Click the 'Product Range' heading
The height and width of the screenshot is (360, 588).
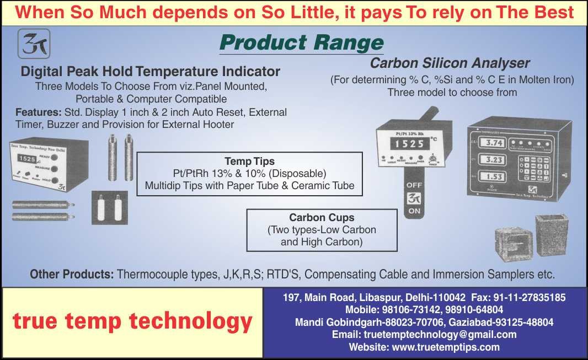coord(301,42)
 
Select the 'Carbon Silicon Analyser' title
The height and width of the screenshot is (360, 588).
coord(450,63)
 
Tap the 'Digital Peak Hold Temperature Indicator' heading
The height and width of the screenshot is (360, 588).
coord(150,72)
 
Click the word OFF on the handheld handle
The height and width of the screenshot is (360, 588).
coord(415,186)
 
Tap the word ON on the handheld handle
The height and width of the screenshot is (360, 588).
coord(415,211)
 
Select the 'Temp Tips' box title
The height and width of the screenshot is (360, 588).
coord(249,162)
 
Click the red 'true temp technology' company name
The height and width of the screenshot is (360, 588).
coord(132,321)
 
